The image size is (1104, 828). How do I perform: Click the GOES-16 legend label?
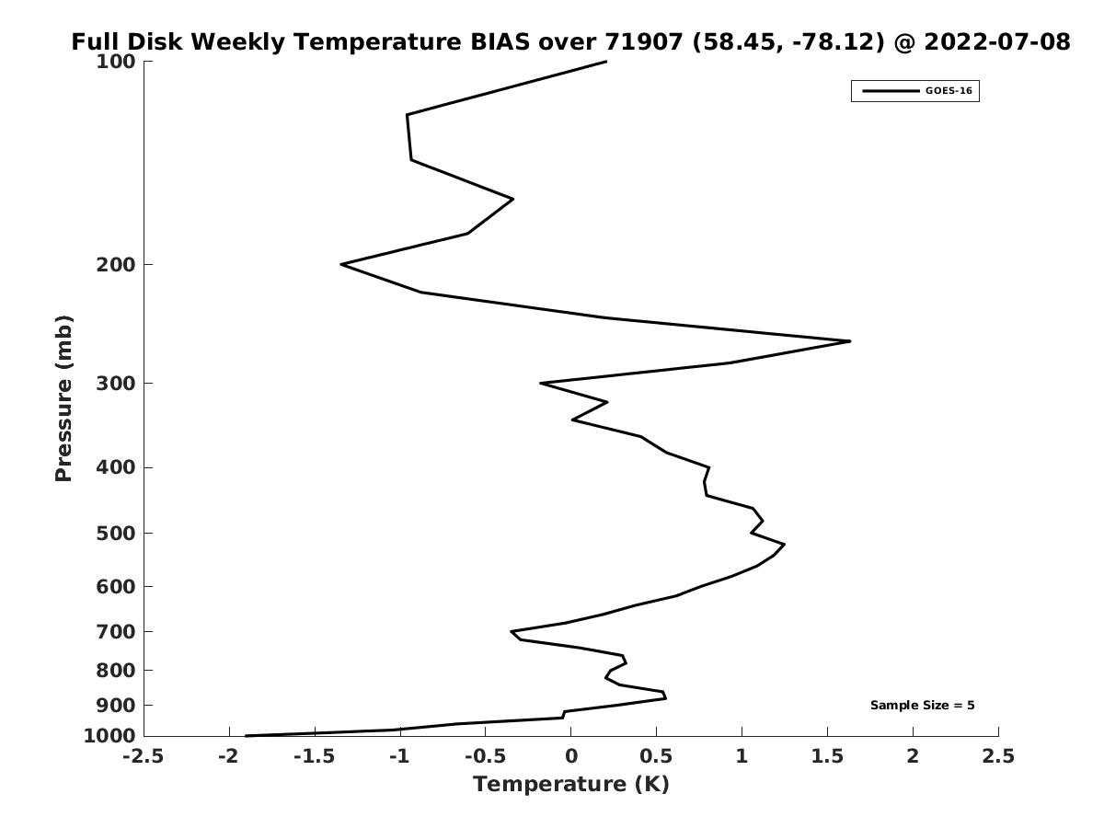tap(949, 91)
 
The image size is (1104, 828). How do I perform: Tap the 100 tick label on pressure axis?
tap(116, 62)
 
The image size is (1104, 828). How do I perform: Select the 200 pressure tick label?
tap(116, 264)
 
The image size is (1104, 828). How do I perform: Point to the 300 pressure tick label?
tap(116, 384)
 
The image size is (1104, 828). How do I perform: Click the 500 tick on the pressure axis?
tap(116, 533)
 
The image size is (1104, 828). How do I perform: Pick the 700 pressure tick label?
tap(116, 631)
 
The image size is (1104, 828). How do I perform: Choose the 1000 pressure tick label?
tap(109, 735)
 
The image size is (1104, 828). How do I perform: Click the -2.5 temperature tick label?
tap(144, 755)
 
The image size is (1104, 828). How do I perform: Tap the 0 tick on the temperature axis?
tap(571, 755)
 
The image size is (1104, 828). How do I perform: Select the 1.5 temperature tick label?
tap(828, 755)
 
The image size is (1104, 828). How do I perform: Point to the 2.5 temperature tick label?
tap(998, 755)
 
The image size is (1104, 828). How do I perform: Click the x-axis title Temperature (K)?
tap(571, 784)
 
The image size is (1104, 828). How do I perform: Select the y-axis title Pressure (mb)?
tap(63, 398)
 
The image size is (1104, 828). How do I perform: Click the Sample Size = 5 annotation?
tap(923, 706)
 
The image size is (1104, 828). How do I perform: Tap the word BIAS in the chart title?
tap(500, 41)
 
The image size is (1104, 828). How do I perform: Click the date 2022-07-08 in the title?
tap(997, 41)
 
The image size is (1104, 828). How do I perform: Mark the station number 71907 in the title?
tap(643, 41)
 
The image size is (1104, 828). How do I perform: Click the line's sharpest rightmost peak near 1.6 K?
tap(849, 341)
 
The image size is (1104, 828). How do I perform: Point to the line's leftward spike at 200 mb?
tap(341, 264)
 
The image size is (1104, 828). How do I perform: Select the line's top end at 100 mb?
tap(606, 62)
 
